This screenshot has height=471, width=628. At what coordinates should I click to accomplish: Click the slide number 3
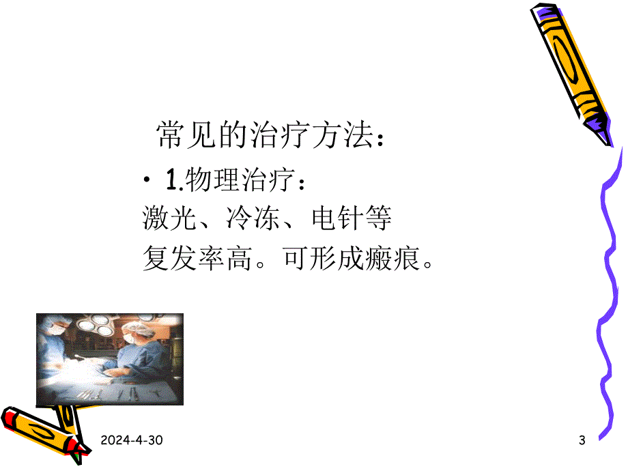pyautogui.click(x=582, y=442)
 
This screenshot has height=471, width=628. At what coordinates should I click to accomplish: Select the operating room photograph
pyautogui.click(x=109, y=360)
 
